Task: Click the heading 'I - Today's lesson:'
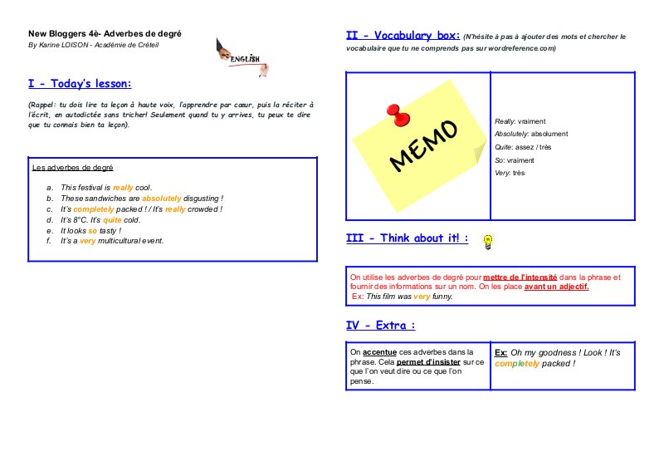[x=80, y=84]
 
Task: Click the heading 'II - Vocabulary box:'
[x=403, y=36]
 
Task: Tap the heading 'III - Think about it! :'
[x=407, y=238]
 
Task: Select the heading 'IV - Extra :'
[x=380, y=325]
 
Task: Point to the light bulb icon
[x=489, y=242]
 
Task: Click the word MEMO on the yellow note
[x=423, y=145]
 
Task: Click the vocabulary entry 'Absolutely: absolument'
[x=531, y=134]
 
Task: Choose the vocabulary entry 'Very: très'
[x=510, y=173]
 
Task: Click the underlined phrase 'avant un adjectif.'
[x=556, y=287]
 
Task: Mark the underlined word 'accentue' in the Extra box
[x=379, y=352]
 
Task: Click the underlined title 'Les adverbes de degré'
[x=72, y=168]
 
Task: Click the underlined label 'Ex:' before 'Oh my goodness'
[x=500, y=352]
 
